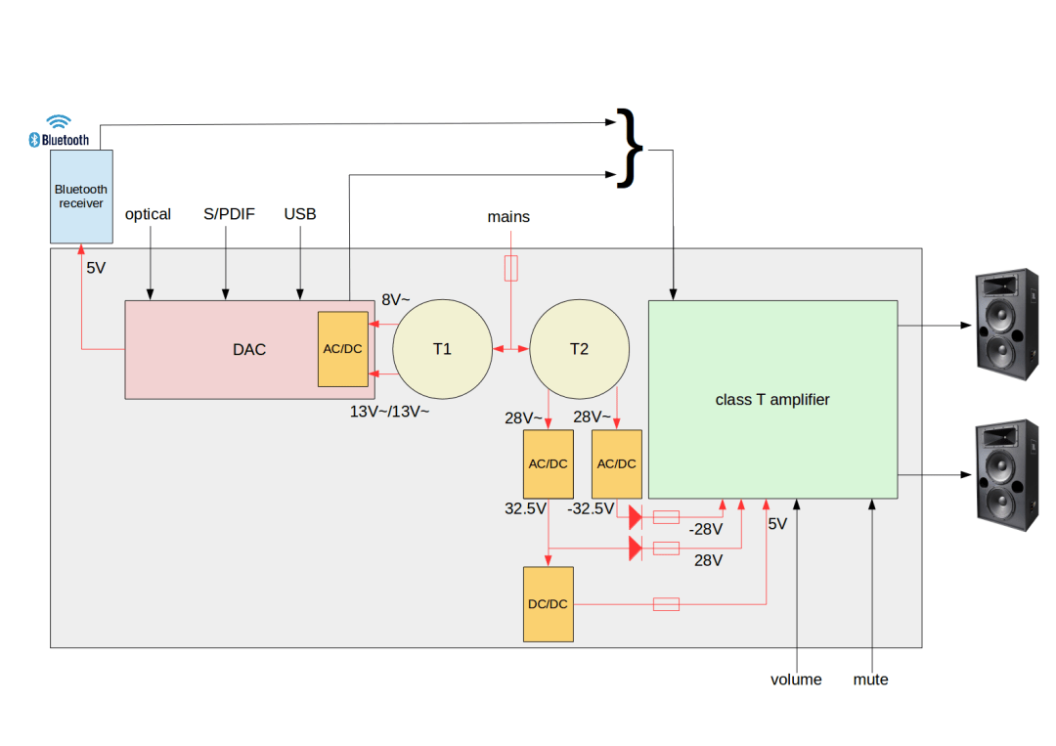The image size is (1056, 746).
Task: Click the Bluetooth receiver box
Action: (x=81, y=196)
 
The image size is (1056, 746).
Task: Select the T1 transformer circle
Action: (x=442, y=349)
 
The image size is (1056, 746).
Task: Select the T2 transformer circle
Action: (x=579, y=349)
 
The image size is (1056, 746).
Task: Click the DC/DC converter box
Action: (x=548, y=604)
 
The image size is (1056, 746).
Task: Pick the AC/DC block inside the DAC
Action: (x=342, y=349)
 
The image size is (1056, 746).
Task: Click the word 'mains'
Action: (x=508, y=217)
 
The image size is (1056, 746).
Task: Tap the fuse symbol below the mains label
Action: (x=510, y=268)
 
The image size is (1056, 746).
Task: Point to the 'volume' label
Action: (x=796, y=680)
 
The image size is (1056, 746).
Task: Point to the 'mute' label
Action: (x=870, y=680)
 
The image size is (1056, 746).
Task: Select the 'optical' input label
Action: (x=148, y=214)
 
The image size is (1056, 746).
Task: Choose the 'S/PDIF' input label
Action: (x=229, y=214)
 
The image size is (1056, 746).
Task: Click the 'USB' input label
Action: (x=300, y=214)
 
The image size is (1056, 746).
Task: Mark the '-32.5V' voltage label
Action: (x=591, y=509)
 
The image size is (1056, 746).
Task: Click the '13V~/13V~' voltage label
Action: (x=389, y=412)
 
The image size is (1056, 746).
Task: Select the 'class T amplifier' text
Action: (x=772, y=399)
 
